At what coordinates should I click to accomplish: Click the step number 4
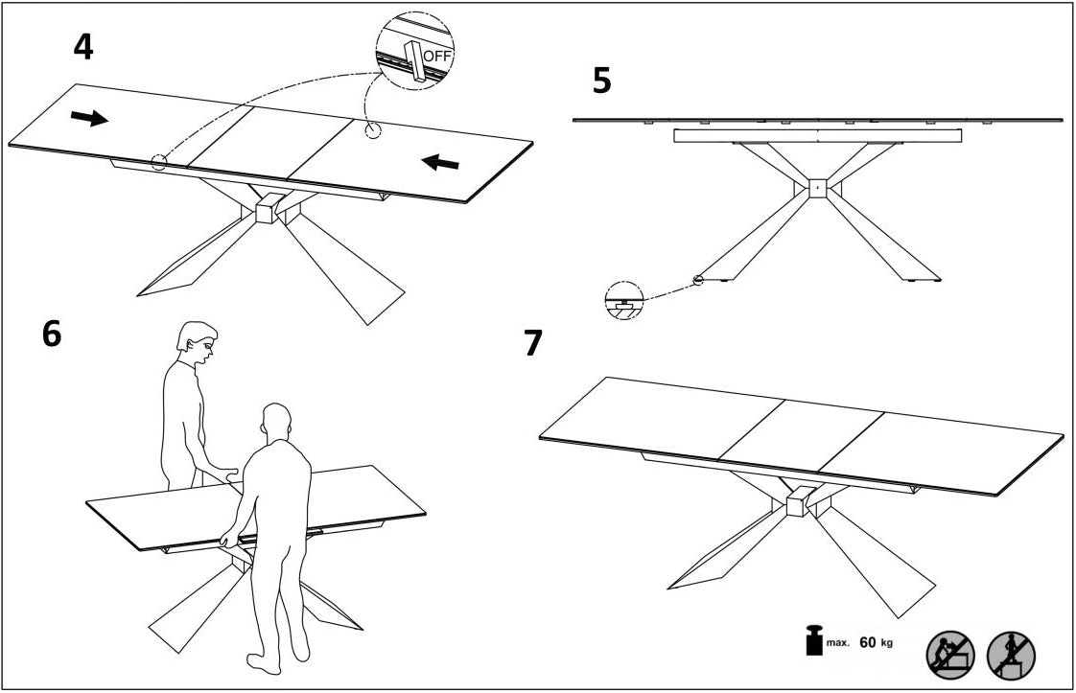pyautogui.click(x=84, y=46)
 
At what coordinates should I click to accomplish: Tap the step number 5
pyautogui.click(x=601, y=81)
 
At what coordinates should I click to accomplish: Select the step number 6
pyautogui.click(x=52, y=334)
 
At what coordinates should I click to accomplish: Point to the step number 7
pyautogui.click(x=533, y=343)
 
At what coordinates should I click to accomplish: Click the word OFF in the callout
pyautogui.click(x=436, y=56)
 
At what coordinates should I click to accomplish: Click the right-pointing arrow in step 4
pyautogui.click(x=89, y=118)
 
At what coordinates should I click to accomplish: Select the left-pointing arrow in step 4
pyautogui.click(x=442, y=163)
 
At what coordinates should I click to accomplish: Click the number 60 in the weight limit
pyautogui.click(x=868, y=642)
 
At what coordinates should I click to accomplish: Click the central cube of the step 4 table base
pyautogui.click(x=269, y=208)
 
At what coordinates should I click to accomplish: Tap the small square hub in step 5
pyautogui.click(x=816, y=188)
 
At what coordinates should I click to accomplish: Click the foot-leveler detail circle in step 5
pyautogui.click(x=623, y=301)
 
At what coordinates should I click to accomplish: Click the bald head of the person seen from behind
pyautogui.click(x=276, y=421)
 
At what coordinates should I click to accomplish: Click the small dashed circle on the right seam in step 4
pyautogui.click(x=372, y=130)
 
